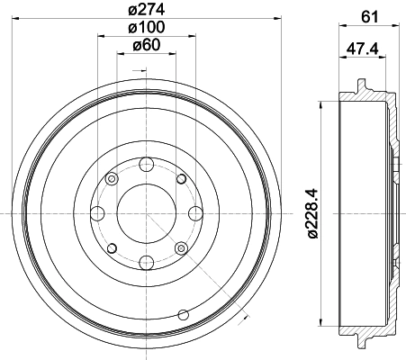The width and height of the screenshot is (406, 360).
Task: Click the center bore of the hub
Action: (147, 214)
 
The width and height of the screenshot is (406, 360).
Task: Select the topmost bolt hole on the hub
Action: (147, 165)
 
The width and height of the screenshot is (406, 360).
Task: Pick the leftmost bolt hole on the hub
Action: (98, 214)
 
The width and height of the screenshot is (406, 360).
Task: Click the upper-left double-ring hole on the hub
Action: (112, 180)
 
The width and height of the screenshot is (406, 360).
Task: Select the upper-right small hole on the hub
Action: (181, 180)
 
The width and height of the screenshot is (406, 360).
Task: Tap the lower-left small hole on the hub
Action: (112, 248)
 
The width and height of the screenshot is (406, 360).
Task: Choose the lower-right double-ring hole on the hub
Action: (181, 248)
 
